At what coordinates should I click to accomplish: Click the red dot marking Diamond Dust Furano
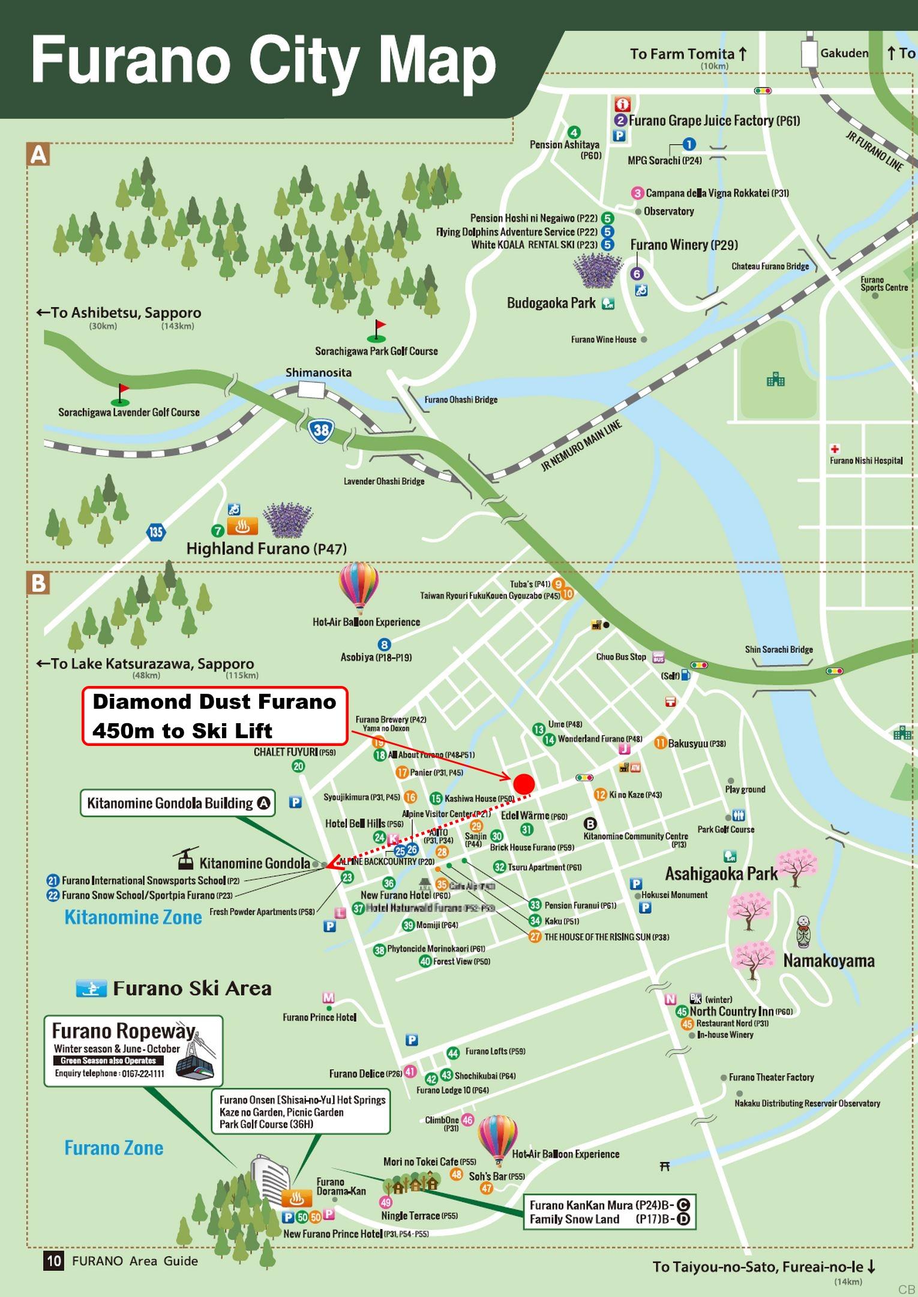pos(524,783)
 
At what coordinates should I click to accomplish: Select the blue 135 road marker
pos(155,531)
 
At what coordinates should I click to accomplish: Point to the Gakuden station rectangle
pos(809,53)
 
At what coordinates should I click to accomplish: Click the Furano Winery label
pos(683,245)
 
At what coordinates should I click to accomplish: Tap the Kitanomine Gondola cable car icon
pos(185,859)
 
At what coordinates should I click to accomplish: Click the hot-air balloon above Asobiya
pos(359,586)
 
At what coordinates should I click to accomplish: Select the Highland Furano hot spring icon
pos(242,526)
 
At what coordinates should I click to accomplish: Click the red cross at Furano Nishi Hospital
pos(835,449)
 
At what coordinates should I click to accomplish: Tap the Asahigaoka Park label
pos(721,874)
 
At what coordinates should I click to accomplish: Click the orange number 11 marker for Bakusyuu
pos(660,742)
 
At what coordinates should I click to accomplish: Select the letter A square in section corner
pos(38,155)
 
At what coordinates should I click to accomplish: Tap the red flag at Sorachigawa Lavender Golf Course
pos(123,389)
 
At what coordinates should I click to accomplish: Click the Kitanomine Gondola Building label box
pos(178,803)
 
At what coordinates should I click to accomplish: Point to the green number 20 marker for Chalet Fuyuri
pos(298,766)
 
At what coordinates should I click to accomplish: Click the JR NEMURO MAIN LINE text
pos(581,446)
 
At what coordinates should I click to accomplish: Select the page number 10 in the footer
pos(54,1260)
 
